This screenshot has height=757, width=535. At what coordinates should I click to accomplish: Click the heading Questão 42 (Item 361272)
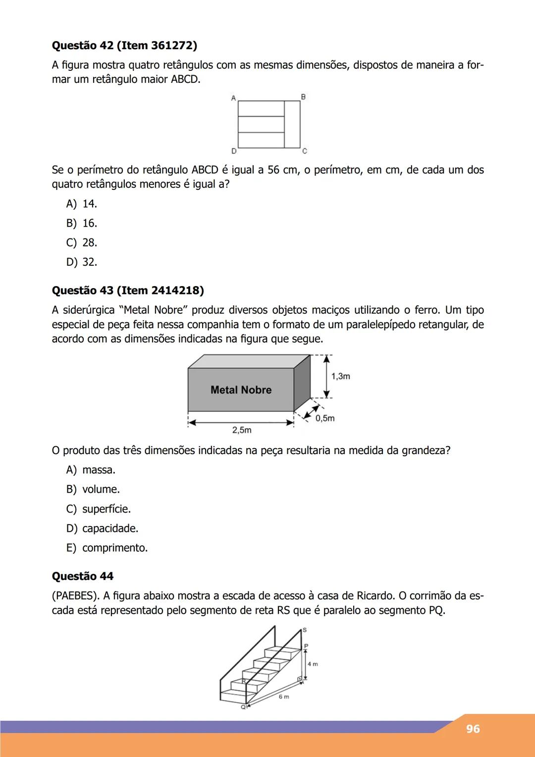coord(124,46)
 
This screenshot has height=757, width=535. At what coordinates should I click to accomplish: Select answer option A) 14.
coord(82,204)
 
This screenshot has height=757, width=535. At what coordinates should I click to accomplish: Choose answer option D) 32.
coord(82,262)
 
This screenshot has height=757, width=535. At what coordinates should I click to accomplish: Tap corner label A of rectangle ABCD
coord(233,98)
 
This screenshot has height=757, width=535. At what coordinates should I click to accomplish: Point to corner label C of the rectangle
coord(305,151)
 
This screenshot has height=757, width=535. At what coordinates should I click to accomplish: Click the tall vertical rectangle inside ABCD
coord(292,124)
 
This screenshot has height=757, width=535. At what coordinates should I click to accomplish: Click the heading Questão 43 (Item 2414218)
coord(128,291)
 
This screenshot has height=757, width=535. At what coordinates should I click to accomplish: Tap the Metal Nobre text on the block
coord(241,390)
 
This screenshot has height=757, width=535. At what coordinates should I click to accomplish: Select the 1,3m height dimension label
coord(341,376)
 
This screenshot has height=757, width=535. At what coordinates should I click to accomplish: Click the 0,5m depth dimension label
coord(325,418)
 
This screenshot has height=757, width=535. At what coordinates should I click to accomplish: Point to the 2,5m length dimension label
coord(242,430)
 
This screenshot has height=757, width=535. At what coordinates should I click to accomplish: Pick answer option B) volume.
coord(93,489)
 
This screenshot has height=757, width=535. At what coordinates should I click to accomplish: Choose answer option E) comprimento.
coord(107,548)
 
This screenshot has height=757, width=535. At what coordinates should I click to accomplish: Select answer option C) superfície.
coord(99,509)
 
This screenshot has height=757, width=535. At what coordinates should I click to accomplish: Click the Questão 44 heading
coord(83,576)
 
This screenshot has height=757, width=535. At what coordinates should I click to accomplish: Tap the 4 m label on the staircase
coord(313,664)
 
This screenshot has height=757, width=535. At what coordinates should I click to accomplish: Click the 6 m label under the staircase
coord(283,697)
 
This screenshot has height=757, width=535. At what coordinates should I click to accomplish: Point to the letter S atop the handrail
coord(305,630)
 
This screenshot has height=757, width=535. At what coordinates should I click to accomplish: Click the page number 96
coord(473,729)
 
